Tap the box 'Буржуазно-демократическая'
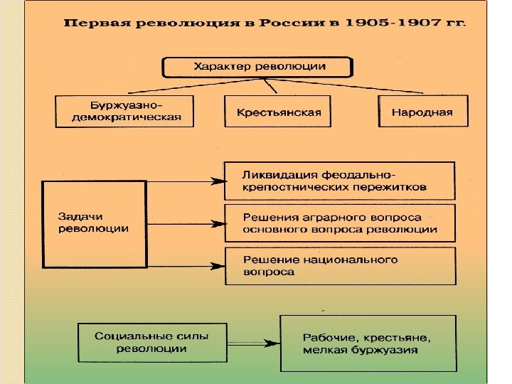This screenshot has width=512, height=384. [x=124, y=112]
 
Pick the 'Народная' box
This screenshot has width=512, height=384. [x=422, y=112]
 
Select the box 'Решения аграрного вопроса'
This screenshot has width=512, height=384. [x=338, y=223]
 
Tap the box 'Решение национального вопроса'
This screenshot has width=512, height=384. [x=338, y=265]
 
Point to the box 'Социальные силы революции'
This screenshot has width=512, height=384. [x=142, y=342]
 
